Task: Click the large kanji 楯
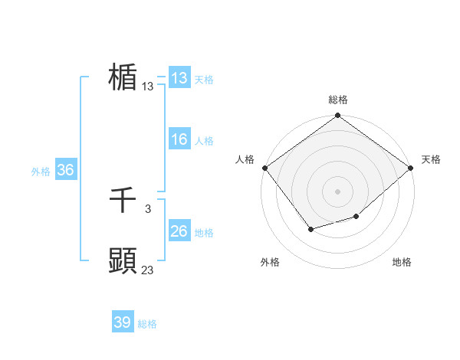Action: click(x=123, y=77)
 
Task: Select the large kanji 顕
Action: click(x=123, y=261)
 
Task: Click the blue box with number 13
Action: click(x=179, y=78)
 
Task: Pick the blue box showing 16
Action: click(x=179, y=139)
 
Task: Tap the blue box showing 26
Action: click(x=179, y=231)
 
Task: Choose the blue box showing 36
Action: click(x=65, y=170)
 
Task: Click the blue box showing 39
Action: click(x=123, y=322)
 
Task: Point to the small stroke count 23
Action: click(x=148, y=270)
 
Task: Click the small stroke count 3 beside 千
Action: click(x=147, y=208)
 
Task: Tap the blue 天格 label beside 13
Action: click(x=204, y=80)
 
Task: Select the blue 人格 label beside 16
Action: click(x=204, y=141)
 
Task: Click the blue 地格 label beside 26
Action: click(x=204, y=233)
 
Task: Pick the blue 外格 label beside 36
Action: click(x=41, y=172)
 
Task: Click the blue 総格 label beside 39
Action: click(x=147, y=325)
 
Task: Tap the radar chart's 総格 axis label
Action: click(x=338, y=100)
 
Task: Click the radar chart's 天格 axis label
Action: click(x=431, y=159)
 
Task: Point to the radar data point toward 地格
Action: click(x=356, y=217)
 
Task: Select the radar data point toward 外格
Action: click(x=310, y=229)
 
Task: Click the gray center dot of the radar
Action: click(x=338, y=191)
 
